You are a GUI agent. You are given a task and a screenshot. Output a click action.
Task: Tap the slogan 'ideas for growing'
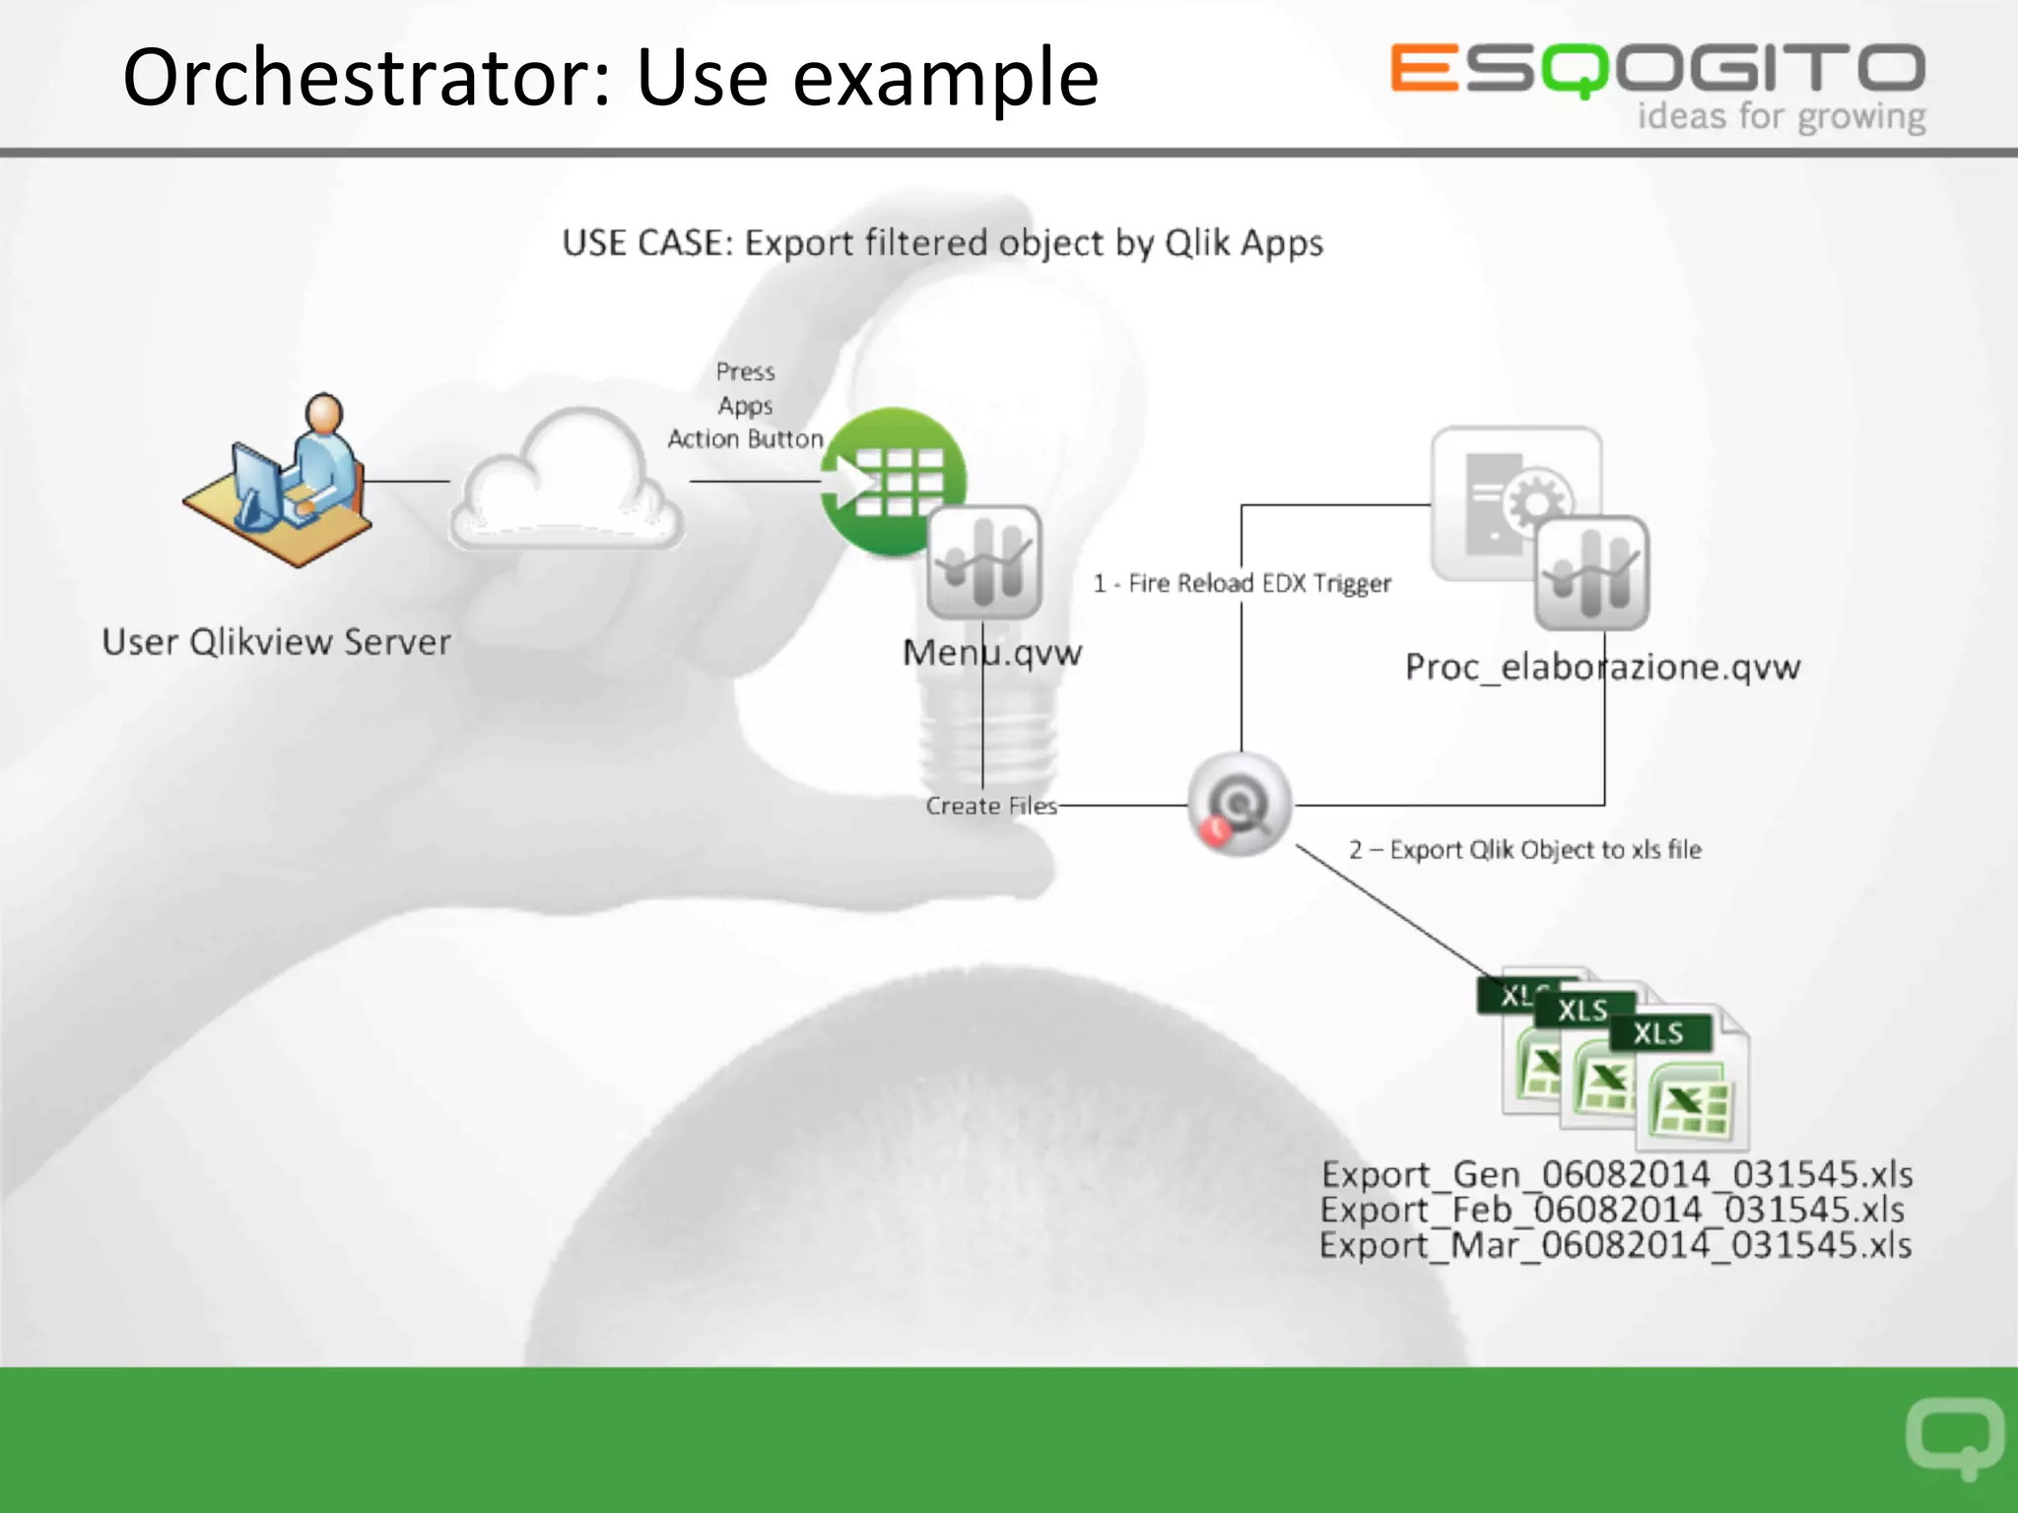(x=1782, y=117)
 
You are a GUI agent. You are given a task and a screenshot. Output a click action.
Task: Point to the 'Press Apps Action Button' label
(x=746, y=406)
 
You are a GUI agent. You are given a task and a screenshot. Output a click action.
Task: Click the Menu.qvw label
(x=992, y=652)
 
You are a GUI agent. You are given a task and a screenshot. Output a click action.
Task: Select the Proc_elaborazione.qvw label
(x=1602, y=668)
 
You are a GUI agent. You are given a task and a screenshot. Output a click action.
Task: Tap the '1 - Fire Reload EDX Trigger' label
(x=1243, y=583)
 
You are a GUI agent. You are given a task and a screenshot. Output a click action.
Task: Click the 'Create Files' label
(x=990, y=806)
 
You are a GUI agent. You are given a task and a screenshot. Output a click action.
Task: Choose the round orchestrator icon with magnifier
(x=1240, y=805)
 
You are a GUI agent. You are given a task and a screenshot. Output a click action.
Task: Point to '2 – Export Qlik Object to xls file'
(x=1525, y=850)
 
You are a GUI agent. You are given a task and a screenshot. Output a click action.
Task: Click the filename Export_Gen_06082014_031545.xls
(x=1616, y=1174)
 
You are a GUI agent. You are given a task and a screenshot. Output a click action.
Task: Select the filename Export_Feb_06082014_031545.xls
(x=1612, y=1210)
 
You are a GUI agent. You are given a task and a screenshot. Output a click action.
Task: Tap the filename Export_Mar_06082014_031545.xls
(x=1615, y=1245)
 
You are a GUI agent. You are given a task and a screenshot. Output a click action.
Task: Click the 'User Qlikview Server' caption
(x=276, y=642)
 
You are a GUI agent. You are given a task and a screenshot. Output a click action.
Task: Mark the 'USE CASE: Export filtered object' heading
(x=942, y=243)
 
